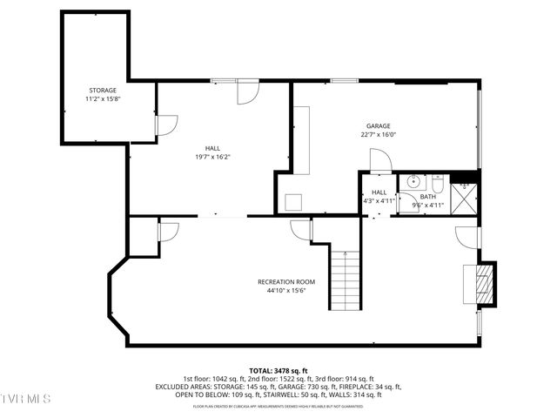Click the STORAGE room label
102,91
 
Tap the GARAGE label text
378,125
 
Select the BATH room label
427,197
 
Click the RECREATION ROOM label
285,281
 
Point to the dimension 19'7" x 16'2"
212,157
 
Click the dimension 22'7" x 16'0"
378,135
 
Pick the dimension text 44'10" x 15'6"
285,291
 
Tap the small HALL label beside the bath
379,192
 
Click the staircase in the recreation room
346,279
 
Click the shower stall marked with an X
466,196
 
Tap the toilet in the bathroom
438,183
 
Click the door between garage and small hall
380,160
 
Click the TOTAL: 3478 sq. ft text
278,370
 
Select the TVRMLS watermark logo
26,399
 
